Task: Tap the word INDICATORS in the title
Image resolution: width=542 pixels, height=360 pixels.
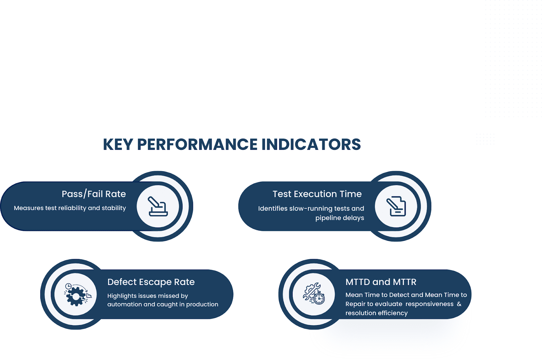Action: point(311,145)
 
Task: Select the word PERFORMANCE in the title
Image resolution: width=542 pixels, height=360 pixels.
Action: point(197,145)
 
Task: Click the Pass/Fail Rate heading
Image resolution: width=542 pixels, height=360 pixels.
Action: point(93,194)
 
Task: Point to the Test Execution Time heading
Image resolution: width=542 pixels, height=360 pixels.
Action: point(317,194)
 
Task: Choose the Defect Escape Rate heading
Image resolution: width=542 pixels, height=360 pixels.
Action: point(151,282)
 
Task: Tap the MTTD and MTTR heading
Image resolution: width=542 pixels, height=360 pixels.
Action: point(381,282)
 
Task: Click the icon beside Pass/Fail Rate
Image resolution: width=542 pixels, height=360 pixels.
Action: point(158,206)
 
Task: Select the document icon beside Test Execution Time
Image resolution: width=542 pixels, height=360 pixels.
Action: point(396,206)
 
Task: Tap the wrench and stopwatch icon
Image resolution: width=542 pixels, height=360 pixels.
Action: point(314,294)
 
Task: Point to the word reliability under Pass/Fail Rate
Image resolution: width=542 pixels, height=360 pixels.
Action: point(72,208)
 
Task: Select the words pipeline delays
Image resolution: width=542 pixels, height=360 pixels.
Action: point(339,218)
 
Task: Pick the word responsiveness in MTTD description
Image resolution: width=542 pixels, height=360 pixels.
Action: point(429,304)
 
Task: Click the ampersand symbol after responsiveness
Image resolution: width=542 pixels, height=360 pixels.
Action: point(459,304)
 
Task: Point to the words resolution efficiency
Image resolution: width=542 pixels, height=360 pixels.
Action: point(376,313)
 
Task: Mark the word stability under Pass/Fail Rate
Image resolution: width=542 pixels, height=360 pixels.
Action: point(114,208)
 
